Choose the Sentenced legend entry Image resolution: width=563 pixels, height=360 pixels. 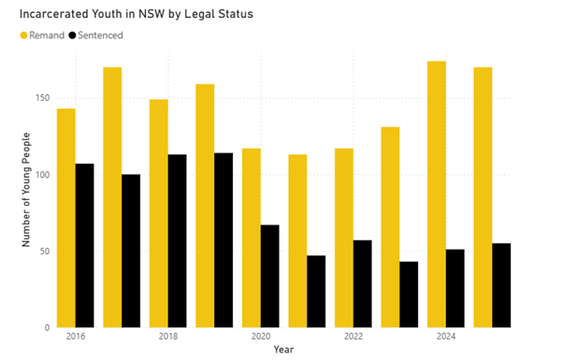click(x=101, y=35)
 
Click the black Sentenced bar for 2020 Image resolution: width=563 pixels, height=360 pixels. click(x=269, y=276)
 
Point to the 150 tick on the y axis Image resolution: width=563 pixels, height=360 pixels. click(x=41, y=98)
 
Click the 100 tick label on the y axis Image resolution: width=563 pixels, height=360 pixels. click(x=41, y=175)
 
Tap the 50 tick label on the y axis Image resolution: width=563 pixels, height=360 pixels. click(x=44, y=252)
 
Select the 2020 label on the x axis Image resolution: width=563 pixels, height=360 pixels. click(x=260, y=336)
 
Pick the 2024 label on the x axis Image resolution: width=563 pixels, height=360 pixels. click(x=445, y=336)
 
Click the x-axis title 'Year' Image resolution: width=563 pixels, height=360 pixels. click(x=283, y=350)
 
